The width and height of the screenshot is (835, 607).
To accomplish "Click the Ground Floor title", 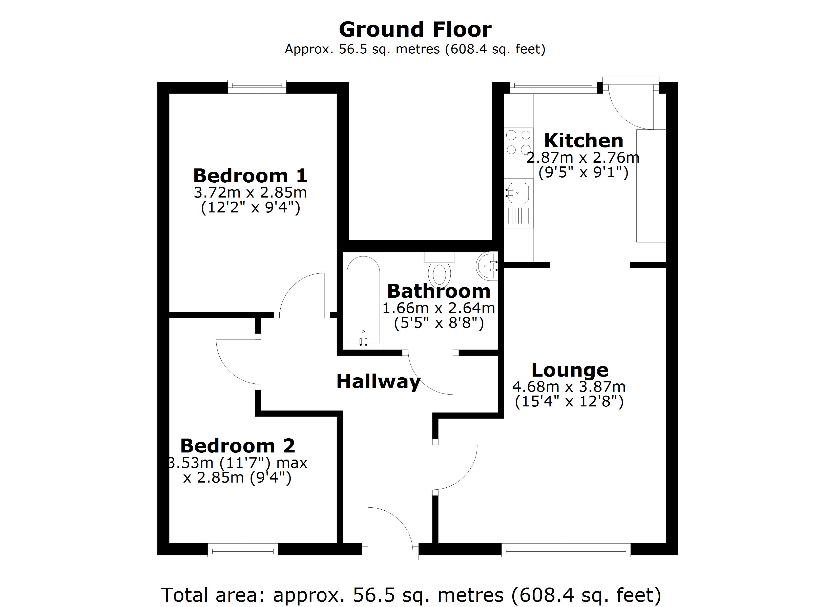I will coord(415,29).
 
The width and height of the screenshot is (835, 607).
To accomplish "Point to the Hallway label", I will coord(378,381).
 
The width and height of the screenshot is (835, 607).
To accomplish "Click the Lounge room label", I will coord(570,370).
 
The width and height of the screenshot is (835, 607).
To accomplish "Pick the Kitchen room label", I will coord(583,141).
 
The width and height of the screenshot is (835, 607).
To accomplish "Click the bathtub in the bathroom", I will coord(363,300).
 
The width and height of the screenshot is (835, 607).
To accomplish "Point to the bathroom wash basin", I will coord(487,266).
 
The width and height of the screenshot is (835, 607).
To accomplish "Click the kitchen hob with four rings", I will coord(518,142).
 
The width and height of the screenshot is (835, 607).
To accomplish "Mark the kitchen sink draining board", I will coord(519,216).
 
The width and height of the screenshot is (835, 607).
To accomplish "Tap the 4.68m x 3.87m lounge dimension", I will coord(569,387).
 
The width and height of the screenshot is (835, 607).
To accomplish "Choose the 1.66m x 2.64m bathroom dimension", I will coord(439,308).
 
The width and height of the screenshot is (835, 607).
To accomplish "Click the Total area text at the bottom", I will coord(411,595).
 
